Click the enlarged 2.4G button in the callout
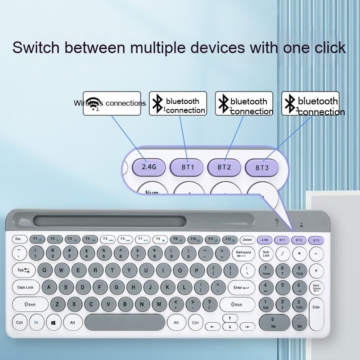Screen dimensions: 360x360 [148, 166]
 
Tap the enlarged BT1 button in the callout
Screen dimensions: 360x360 [187, 167]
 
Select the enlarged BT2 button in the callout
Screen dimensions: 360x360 [224, 167]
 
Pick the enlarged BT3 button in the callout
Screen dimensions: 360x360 [261, 167]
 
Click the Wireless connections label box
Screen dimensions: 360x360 [112, 103]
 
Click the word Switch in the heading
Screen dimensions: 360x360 [38, 47]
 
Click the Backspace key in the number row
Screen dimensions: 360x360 [243, 254]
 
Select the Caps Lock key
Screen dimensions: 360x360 [26, 287]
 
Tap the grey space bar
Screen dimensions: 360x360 [125, 322]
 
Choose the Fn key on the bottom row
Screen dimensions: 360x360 [36, 322]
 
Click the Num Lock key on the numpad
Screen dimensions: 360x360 [266, 254]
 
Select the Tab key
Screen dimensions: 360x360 [23, 270]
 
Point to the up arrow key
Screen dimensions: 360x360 [230, 318]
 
